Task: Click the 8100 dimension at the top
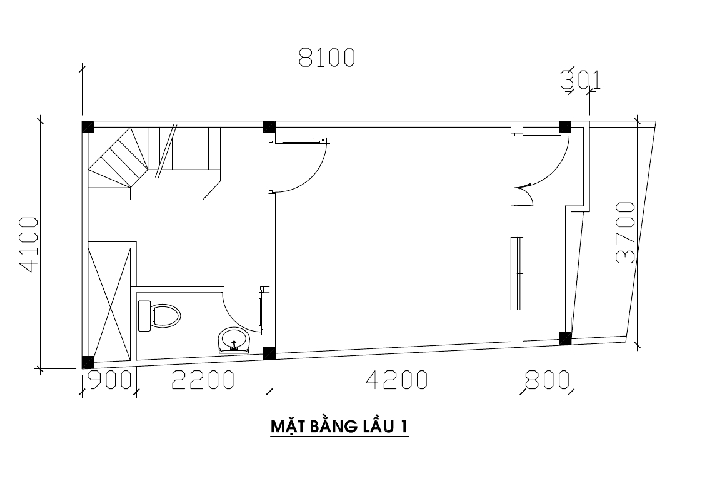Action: click(x=327, y=58)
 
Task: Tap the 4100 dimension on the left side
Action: click(x=28, y=245)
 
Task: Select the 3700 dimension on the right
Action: click(x=626, y=233)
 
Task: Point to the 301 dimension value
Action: click(x=581, y=81)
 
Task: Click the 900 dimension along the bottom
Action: click(x=108, y=380)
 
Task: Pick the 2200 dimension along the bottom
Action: click(x=203, y=380)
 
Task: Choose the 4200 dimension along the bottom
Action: click(x=397, y=380)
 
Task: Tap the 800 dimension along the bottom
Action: click(x=547, y=380)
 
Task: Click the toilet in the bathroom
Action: click(x=159, y=316)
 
